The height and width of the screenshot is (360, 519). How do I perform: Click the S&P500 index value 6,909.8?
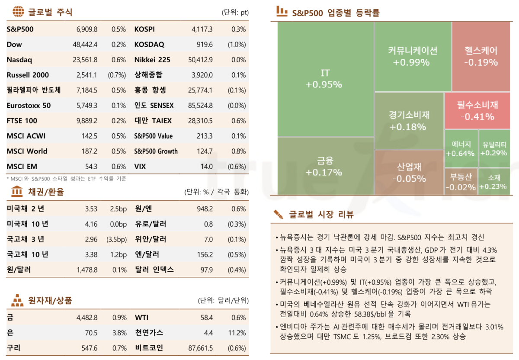(86, 29)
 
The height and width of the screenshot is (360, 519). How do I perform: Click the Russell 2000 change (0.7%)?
(117, 75)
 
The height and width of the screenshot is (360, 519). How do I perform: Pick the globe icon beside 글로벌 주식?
(18, 12)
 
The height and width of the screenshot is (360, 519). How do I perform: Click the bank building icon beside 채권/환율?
(17, 191)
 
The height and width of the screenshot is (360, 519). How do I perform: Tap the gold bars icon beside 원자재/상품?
(17, 299)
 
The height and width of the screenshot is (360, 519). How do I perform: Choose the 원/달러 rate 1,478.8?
(86, 270)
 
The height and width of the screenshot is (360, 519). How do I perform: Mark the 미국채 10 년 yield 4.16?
(91, 224)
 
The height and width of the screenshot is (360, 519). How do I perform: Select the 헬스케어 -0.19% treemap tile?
(481, 56)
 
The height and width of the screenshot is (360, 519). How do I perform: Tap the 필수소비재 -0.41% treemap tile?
(477, 111)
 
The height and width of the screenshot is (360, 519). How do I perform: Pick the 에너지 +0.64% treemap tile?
(461, 149)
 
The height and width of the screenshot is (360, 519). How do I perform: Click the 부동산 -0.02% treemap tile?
(461, 182)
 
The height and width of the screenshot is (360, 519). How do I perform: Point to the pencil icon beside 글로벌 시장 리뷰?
(278, 214)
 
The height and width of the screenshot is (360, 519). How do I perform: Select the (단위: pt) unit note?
(235, 12)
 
